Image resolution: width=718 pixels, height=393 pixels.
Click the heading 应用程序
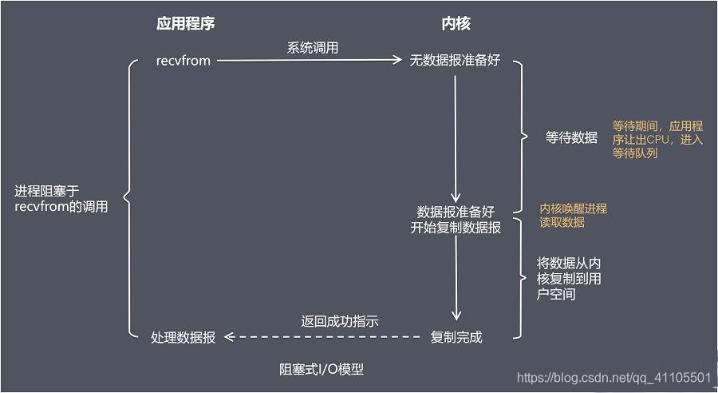click(x=185, y=24)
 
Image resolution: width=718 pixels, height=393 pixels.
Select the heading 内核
click(x=456, y=24)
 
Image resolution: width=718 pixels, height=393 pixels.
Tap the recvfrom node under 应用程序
click(x=183, y=60)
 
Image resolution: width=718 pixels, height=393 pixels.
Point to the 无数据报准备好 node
click(x=455, y=60)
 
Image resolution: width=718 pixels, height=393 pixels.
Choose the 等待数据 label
click(x=571, y=137)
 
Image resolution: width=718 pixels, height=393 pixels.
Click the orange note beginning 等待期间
click(x=657, y=139)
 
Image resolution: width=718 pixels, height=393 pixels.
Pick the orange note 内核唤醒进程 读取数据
click(x=573, y=215)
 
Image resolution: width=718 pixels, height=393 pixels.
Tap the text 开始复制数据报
click(x=456, y=228)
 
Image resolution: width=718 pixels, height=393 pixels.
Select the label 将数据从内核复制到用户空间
click(x=569, y=279)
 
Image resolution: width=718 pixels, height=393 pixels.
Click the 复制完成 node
click(x=456, y=336)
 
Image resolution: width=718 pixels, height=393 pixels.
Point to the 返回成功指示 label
click(x=339, y=322)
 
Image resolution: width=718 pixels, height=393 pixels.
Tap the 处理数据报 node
click(x=183, y=337)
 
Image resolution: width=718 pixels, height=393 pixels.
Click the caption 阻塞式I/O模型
click(x=321, y=369)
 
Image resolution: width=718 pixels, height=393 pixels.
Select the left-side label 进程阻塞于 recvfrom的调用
click(x=61, y=199)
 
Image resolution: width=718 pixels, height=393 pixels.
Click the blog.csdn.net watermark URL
click(x=613, y=377)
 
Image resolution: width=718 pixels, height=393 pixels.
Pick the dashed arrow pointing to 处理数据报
click(x=323, y=337)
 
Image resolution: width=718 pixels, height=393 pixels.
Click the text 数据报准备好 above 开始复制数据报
click(x=456, y=212)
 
